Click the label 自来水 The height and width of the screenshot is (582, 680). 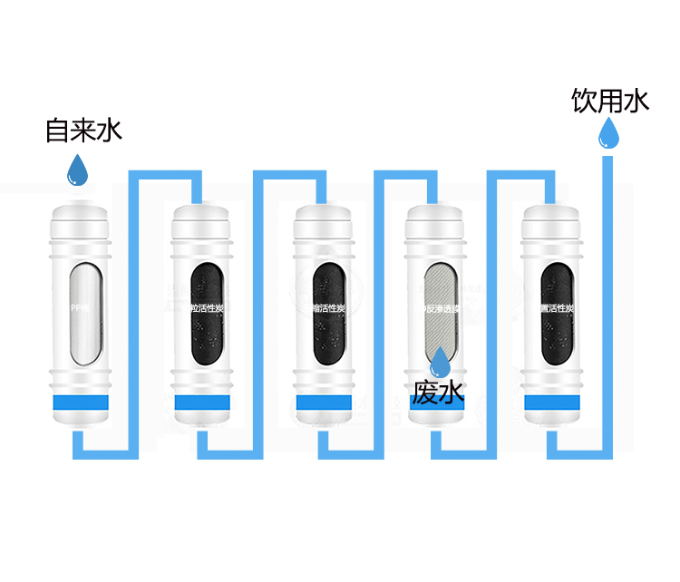tap(83, 131)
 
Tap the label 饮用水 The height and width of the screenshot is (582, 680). tap(610, 101)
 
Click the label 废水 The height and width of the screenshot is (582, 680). tap(438, 393)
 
